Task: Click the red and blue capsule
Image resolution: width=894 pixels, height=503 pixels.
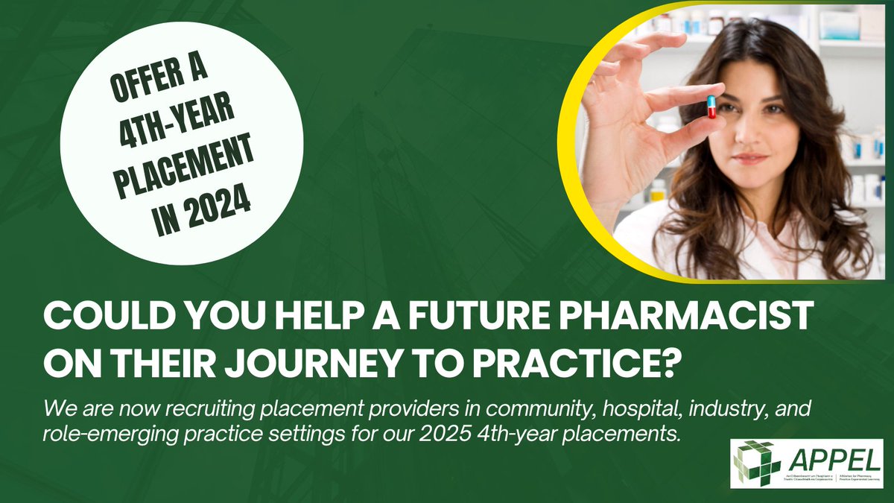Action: coord(711,106)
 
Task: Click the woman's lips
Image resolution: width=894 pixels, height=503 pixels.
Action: coord(749,159)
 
